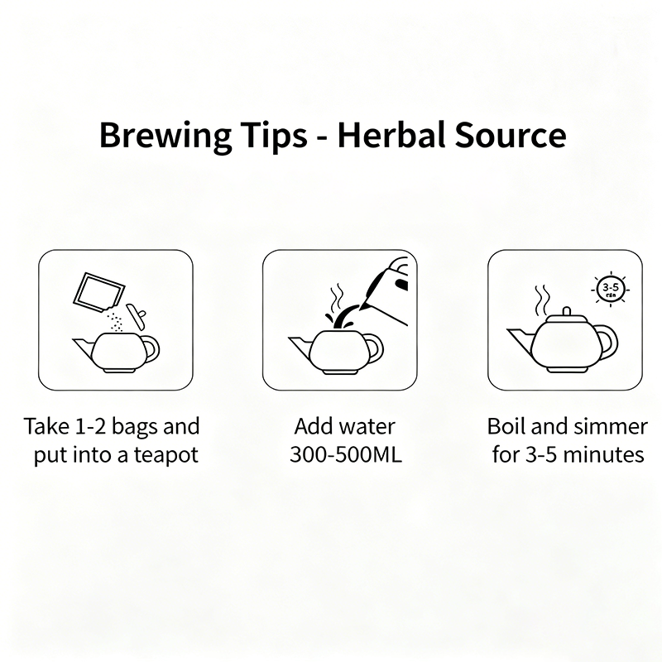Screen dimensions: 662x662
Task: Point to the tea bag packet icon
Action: click(x=98, y=292)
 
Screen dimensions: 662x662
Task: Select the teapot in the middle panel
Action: click(x=339, y=352)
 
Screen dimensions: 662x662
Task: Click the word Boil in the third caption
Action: click(x=506, y=427)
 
